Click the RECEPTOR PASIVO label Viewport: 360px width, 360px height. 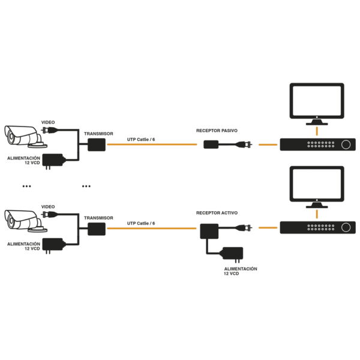[x=217, y=130]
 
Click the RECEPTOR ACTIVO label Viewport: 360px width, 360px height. [x=217, y=213]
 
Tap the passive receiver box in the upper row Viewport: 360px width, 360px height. [x=211, y=144]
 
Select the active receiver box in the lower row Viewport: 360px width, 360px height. [x=209, y=230]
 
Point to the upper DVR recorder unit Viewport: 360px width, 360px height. [x=316, y=144]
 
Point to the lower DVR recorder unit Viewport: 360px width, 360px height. [x=316, y=227]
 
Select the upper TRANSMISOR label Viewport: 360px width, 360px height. [x=98, y=134]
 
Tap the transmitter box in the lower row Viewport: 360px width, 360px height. [x=96, y=228]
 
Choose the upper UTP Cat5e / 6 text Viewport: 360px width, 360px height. [x=141, y=139]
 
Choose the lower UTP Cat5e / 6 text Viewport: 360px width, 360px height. [x=141, y=223]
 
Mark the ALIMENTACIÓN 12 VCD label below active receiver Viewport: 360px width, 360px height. [x=240, y=271]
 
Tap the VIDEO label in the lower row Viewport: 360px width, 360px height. [x=48, y=206]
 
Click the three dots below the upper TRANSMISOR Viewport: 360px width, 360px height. [x=86, y=187]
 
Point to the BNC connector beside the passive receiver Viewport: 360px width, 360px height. [x=245, y=144]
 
